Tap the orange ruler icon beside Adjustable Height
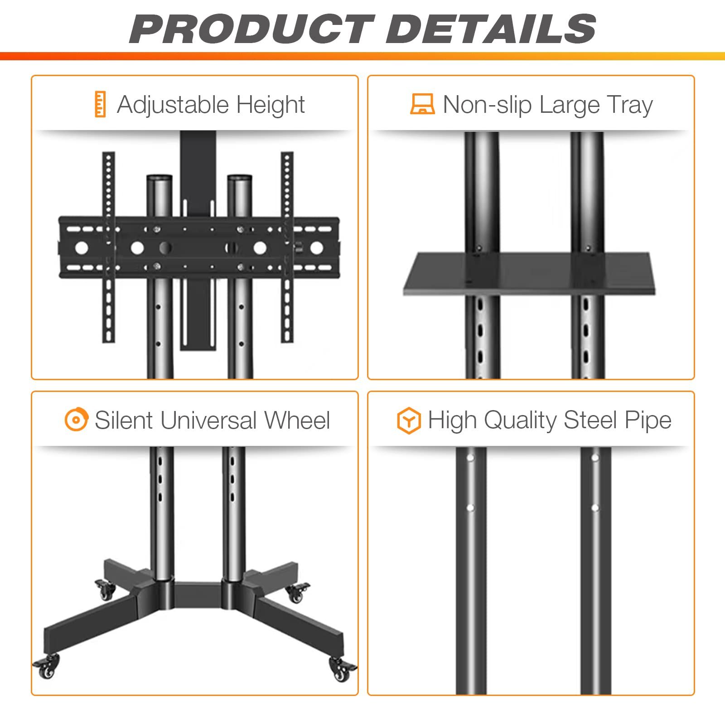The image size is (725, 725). point(100,104)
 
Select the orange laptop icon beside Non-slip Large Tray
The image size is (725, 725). point(422,104)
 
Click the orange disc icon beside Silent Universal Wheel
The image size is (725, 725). point(76,420)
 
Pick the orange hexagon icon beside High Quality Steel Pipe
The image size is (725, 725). point(408,420)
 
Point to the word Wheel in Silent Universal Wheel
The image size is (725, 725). point(297,420)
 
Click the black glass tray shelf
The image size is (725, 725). point(529,274)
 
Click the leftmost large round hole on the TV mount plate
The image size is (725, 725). point(82,248)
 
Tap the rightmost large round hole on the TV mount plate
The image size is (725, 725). point(316,248)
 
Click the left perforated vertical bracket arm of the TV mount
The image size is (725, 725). point(108,247)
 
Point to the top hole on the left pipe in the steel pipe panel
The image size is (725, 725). point(470,458)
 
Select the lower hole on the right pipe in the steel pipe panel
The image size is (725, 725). point(595,508)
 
